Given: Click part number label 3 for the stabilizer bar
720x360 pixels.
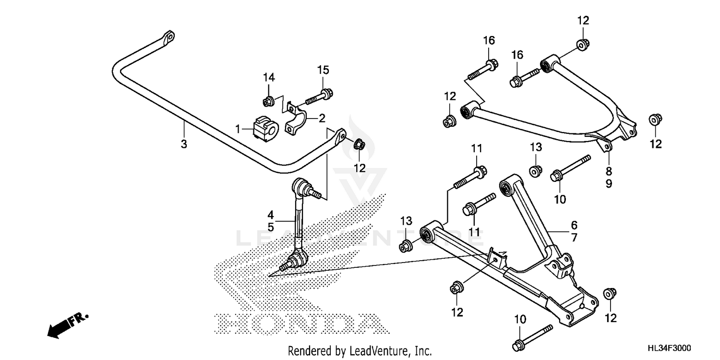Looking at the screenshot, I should click(x=184, y=144).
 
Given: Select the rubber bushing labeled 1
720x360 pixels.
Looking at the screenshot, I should click(x=265, y=129).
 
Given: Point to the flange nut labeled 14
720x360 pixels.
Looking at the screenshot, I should click(x=268, y=101).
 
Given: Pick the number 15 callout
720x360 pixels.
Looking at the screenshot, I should click(x=323, y=70).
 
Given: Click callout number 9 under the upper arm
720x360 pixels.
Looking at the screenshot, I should click(x=609, y=184).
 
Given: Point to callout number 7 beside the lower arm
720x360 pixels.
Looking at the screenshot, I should click(x=574, y=237).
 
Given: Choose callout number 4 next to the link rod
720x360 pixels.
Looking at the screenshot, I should click(x=271, y=214).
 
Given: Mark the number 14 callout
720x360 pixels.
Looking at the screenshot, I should click(x=268, y=77).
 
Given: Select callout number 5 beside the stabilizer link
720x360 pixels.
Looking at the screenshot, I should click(x=271, y=227).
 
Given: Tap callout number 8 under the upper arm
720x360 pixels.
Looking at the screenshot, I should click(x=609, y=171).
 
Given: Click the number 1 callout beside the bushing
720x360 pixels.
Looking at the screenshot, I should click(x=237, y=129).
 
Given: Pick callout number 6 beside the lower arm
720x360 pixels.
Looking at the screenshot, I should click(x=574, y=225).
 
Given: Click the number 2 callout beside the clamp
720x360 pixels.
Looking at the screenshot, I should click(x=322, y=118).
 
